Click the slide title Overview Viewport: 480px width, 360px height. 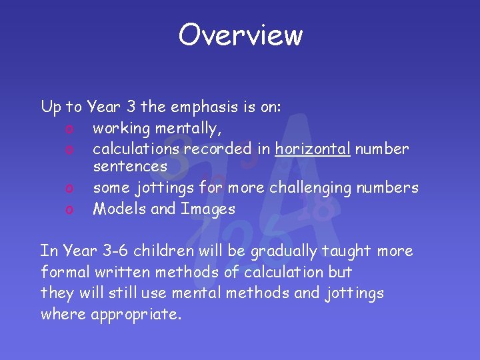pos(240,35)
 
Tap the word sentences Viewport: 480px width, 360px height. pos(130,166)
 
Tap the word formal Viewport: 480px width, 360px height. pos(64,272)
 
